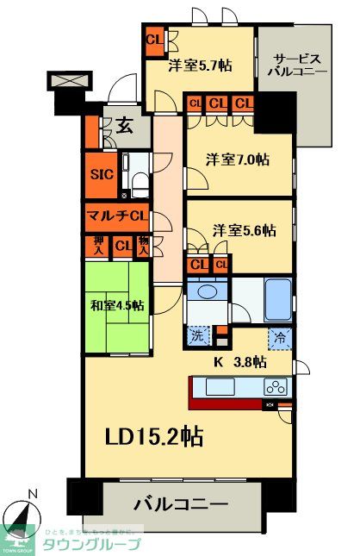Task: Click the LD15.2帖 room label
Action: point(156,436)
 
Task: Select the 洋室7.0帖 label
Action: point(237,159)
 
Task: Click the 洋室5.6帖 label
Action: point(245,230)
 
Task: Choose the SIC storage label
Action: point(102,172)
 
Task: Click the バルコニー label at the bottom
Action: point(181,503)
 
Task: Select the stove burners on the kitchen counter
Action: point(277,386)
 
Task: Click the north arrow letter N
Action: point(33,494)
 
